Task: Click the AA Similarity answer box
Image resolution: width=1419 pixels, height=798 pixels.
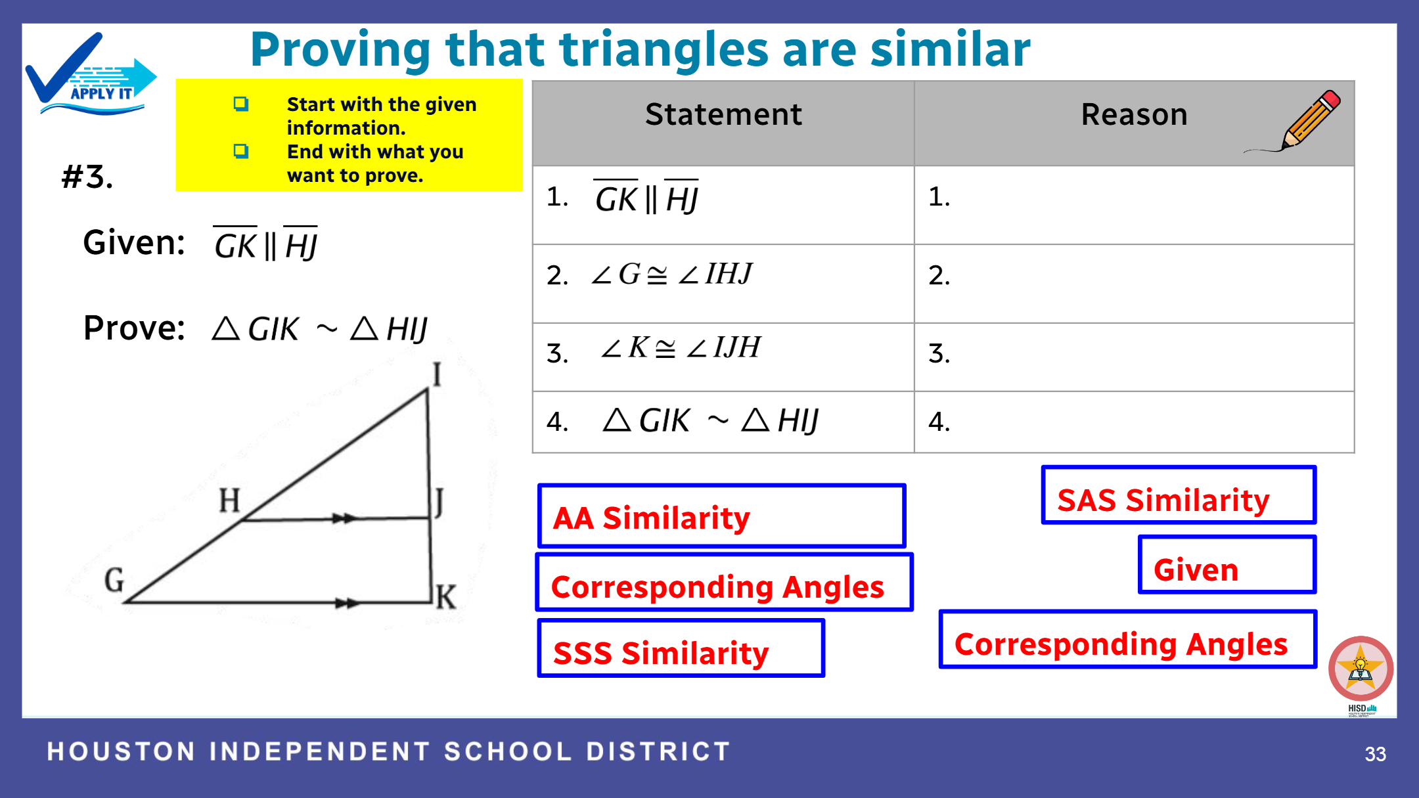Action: [721, 516]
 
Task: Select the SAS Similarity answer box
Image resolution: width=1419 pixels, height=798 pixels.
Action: [1179, 495]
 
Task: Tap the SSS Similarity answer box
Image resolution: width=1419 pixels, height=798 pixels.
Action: [681, 648]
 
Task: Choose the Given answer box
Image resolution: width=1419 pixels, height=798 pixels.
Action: [1227, 565]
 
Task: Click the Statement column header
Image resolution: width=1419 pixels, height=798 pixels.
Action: [723, 114]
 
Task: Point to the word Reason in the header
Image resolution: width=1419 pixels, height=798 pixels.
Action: [1135, 114]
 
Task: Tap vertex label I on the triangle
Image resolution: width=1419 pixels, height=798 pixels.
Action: [437, 374]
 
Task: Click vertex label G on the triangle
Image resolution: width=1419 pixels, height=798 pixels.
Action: [114, 580]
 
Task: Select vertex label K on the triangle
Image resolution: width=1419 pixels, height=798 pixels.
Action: [445, 597]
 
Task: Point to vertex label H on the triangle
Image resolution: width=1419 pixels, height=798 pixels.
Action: [229, 500]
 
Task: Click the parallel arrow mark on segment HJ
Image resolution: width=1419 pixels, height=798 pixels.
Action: [344, 518]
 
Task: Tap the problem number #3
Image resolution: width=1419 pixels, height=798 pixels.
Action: [87, 177]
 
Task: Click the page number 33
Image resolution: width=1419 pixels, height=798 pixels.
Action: [1375, 753]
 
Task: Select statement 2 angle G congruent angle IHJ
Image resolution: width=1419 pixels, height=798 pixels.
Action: [671, 273]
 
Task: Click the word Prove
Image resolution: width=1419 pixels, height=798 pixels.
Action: [134, 328]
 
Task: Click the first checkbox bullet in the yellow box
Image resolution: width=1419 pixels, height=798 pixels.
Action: [241, 104]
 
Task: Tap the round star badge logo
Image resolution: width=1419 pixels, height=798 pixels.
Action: [1361, 669]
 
